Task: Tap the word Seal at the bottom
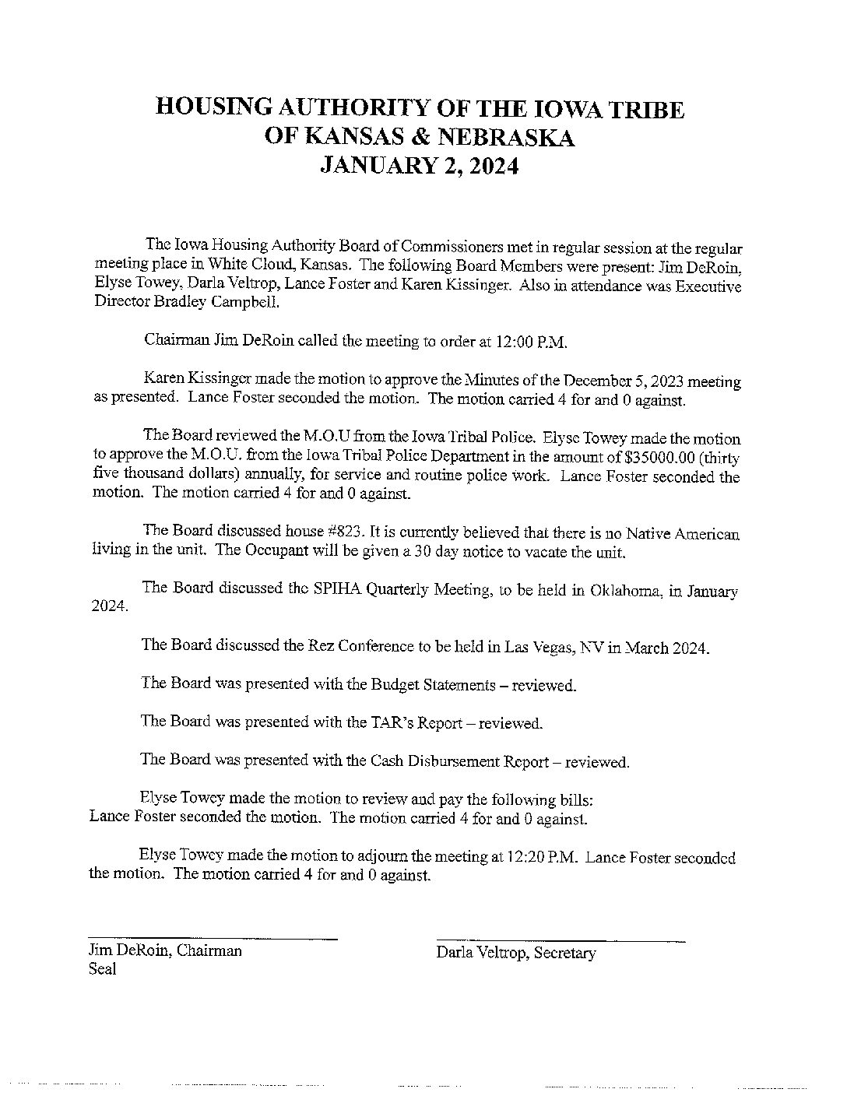click(103, 969)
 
